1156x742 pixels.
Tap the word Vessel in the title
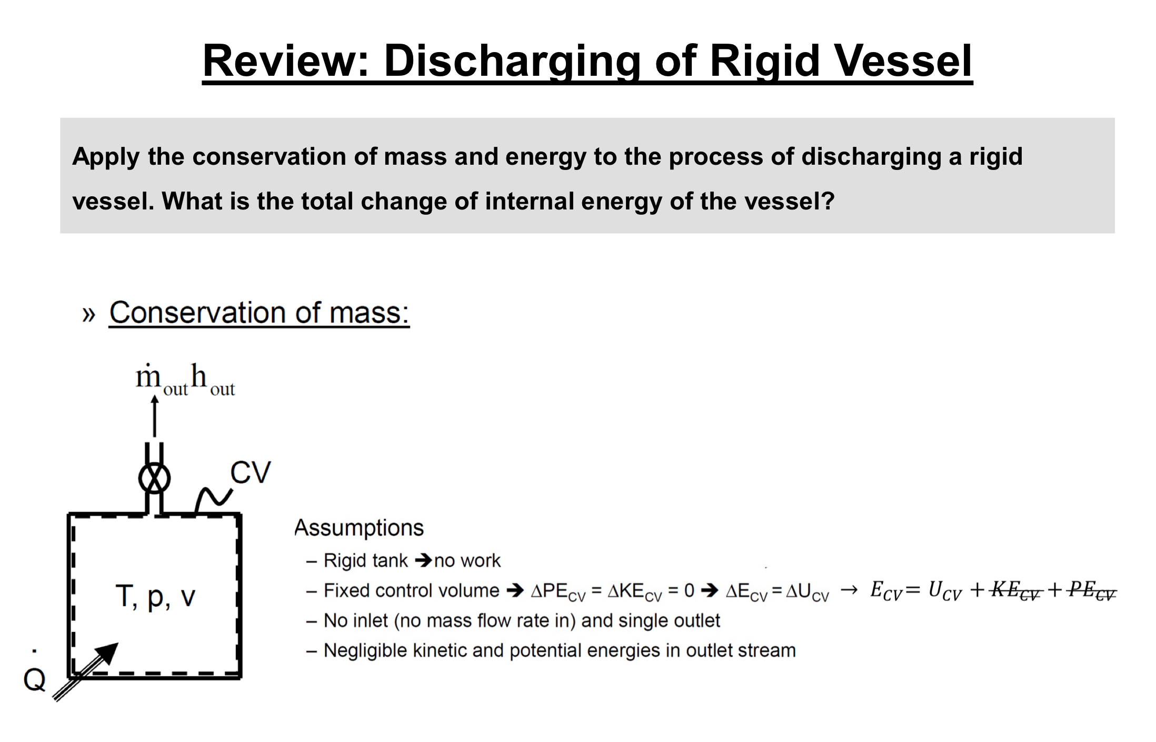point(903,61)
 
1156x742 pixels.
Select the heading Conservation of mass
point(259,313)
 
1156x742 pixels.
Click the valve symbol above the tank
point(154,478)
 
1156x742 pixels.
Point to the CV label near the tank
point(251,472)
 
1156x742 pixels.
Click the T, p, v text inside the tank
point(155,597)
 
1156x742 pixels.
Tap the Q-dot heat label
point(35,676)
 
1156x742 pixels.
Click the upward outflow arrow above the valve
point(154,416)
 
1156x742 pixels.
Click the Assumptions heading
point(358,528)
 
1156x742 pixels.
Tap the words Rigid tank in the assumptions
point(366,561)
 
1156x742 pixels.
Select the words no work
point(467,561)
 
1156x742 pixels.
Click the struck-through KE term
point(1015,590)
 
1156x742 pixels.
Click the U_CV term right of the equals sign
point(944,590)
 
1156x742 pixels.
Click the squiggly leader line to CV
point(213,499)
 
